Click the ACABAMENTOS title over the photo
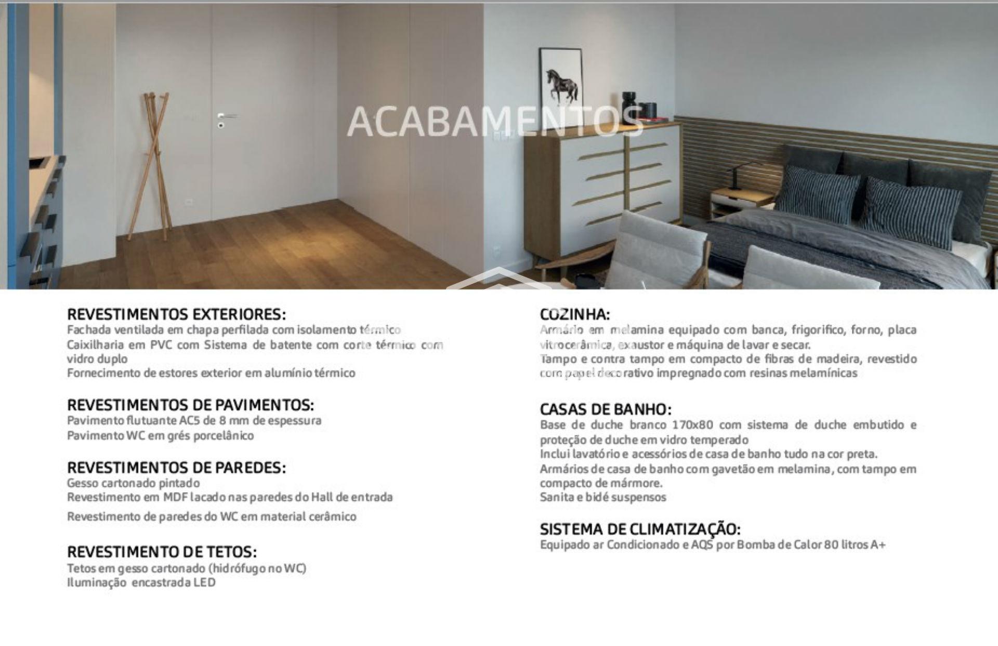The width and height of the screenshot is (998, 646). (x=494, y=122)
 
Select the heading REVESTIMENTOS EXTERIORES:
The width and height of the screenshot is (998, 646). (x=177, y=314)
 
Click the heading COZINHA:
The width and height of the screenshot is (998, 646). (x=575, y=314)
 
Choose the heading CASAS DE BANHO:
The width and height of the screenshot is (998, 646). (x=606, y=410)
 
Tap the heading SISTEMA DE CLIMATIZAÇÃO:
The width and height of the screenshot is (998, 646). (x=640, y=529)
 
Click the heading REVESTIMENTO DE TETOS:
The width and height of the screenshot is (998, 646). (x=162, y=551)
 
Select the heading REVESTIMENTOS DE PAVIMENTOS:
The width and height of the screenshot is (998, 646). (x=190, y=405)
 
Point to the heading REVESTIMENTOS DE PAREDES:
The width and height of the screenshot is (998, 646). (x=176, y=468)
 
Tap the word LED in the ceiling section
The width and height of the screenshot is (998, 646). (x=204, y=583)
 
